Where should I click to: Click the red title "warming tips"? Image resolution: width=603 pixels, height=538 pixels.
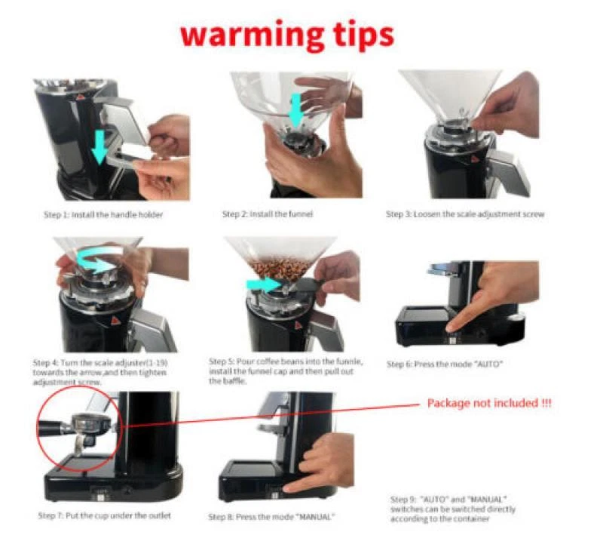[x=286, y=35]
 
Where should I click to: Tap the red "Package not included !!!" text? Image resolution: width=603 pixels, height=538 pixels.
[x=489, y=404]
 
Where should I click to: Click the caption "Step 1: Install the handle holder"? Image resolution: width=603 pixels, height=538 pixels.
[x=103, y=215]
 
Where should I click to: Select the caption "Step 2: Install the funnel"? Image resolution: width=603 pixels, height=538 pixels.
[x=267, y=214]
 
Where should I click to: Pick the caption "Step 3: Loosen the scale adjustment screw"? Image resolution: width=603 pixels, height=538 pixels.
[x=464, y=215]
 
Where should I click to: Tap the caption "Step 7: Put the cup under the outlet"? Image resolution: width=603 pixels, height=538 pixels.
[x=105, y=515]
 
